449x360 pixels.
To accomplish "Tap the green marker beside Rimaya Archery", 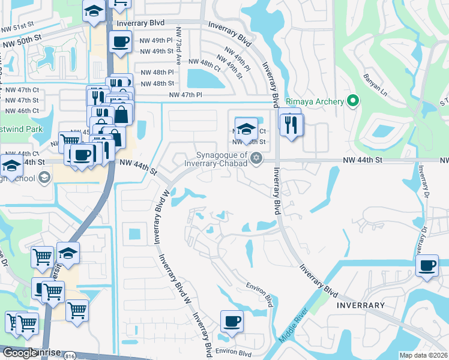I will (353, 101).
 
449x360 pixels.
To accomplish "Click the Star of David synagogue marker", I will (257, 158).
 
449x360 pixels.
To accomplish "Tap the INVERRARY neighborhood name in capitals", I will (360, 305).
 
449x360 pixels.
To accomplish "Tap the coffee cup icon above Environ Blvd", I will (232, 322).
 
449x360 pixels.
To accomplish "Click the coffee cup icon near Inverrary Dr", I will (427, 265).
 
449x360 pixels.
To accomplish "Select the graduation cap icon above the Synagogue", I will (246, 128).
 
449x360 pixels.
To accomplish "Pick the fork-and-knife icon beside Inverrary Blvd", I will (292, 124).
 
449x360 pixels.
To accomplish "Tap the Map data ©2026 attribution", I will (423, 355).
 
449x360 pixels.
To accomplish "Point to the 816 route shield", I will (70, 355).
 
